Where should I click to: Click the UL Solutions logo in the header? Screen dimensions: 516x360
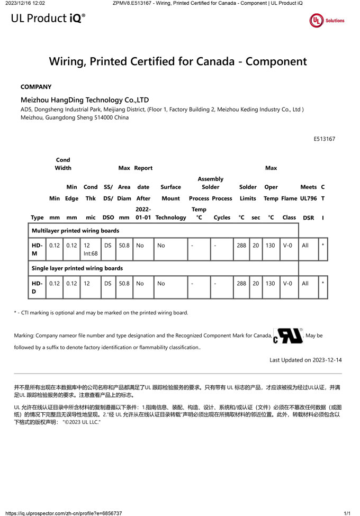coord(327,21)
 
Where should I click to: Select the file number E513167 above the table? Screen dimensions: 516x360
coord(325,139)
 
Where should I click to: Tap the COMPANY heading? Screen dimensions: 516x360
coord(36,87)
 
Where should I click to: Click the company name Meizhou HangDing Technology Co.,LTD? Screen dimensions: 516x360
coord(85,99)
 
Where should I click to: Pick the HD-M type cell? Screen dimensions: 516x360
coord(37,249)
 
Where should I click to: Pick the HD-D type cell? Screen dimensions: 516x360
coord(37,287)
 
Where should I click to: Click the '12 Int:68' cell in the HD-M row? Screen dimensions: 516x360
coord(90,249)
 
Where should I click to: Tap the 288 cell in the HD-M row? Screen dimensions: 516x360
coord(241,246)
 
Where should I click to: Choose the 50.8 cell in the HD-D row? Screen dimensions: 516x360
coord(124,284)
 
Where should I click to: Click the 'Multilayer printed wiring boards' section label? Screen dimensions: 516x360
coord(75,231)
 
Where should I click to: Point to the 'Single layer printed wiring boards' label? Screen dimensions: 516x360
coord(77,268)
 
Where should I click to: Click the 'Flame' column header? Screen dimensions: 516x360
coord(289,198)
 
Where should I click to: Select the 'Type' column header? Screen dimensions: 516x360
coord(37,218)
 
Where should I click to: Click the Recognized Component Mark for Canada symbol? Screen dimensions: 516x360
coord(288,336)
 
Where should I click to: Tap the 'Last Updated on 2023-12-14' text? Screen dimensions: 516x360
coord(305,360)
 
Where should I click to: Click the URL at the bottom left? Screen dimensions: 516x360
coord(64,513)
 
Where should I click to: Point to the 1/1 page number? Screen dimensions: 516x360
coord(347,513)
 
